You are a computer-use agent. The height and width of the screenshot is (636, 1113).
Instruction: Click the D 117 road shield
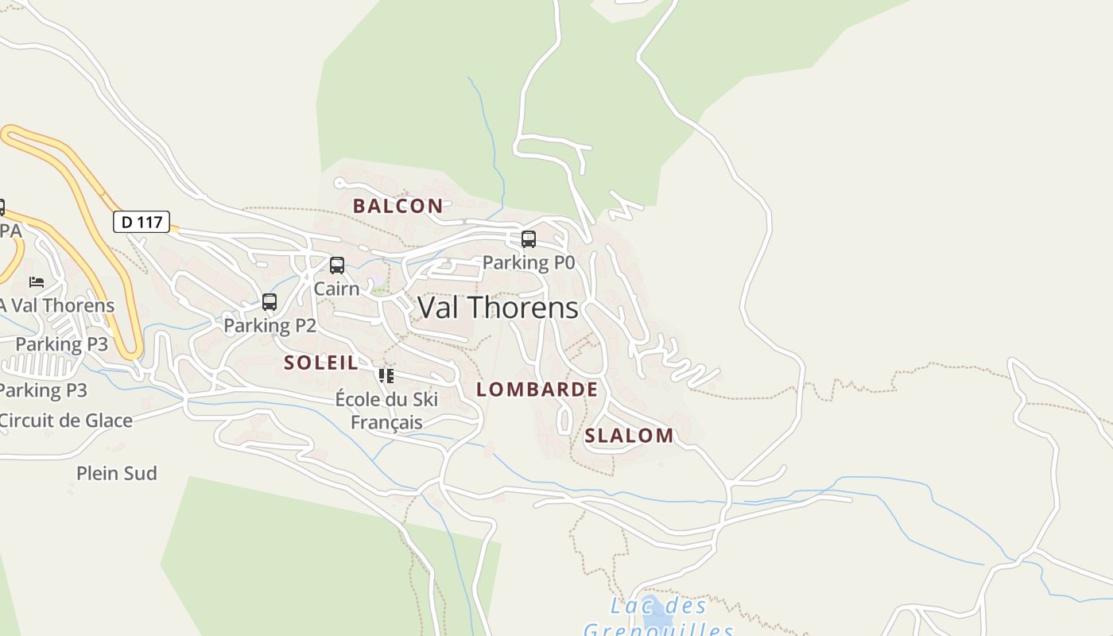tap(142, 222)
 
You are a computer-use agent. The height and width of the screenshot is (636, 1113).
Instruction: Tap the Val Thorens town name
tap(498, 308)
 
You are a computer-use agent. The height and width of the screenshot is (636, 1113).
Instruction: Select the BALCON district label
tap(397, 206)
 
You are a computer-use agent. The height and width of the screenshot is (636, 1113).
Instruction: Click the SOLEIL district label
tap(321, 363)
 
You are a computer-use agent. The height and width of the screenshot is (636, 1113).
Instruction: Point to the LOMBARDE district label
tap(537, 389)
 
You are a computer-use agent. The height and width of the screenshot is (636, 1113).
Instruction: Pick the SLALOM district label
tap(629, 435)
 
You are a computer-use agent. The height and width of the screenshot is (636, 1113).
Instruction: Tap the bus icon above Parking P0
tap(529, 238)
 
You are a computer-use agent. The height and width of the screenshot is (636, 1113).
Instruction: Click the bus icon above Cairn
tap(337, 265)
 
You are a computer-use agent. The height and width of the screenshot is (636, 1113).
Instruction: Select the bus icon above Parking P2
tap(270, 302)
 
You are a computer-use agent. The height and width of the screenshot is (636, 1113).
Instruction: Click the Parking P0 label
tap(528, 262)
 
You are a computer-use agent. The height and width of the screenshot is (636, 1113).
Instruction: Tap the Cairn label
tap(336, 288)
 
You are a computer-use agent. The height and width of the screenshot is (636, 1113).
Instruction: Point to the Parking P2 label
tap(270, 325)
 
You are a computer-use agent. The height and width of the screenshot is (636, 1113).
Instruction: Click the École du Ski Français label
tap(386, 409)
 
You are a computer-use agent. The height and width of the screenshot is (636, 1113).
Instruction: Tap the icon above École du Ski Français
tap(386, 375)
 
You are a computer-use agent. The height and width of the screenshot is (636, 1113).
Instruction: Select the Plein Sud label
tap(117, 473)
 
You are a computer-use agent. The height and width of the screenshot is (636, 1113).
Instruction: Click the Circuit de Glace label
tap(67, 421)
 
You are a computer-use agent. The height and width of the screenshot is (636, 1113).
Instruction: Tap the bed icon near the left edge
tap(37, 281)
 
